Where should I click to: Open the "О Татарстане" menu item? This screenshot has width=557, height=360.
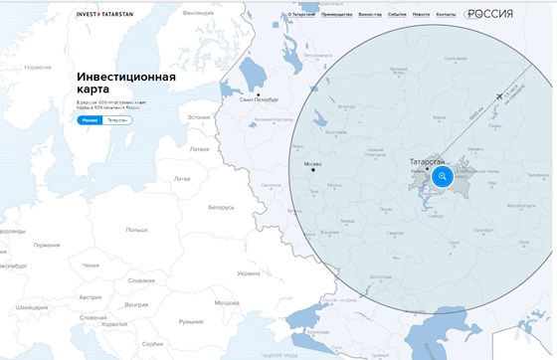click(x=301, y=15)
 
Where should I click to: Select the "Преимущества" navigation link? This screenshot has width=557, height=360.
click(x=336, y=15)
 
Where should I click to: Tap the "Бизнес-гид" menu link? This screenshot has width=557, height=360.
click(x=369, y=15)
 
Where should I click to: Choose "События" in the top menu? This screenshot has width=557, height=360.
click(x=397, y=15)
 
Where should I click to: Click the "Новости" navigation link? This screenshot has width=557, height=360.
click(x=421, y=15)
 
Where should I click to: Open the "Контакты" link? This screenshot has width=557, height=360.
click(x=446, y=15)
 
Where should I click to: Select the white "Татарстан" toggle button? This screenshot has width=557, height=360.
click(x=117, y=119)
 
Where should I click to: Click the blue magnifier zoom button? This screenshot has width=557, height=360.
click(x=442, y=176)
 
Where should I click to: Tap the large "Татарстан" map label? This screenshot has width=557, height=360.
click(x=430, y=161)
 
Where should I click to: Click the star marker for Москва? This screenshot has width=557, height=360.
click(x=312, y=170)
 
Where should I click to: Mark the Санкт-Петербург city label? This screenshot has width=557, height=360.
click(x=260, y=100)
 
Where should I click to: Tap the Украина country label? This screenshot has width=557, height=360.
click(x=247, y=273)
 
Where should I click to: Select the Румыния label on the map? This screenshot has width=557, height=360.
click(x=190, y=321)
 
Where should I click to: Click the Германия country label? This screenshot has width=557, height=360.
click(x=46, y=245)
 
